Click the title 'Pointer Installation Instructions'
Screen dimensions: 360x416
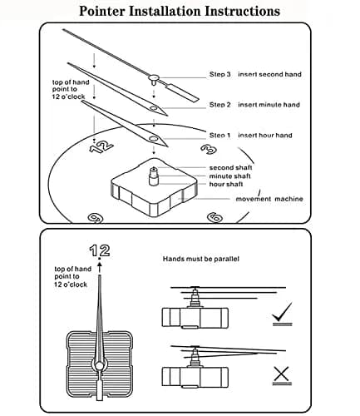180,11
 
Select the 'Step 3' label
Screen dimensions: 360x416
220,74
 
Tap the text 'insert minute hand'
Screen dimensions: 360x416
269,105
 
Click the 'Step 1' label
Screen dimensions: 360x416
220,136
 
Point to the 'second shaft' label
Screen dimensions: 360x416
230,167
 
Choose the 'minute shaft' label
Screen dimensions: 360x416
229,176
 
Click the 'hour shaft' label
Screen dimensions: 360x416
226,184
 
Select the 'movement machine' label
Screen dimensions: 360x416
269,199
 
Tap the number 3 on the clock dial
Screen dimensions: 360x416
209,149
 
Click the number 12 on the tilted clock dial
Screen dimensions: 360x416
101,146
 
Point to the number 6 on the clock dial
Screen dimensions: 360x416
215,217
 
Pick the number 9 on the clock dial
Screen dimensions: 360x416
96,218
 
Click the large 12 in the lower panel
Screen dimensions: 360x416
100,250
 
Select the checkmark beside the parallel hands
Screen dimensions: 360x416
282,314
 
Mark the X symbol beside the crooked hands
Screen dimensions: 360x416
282,375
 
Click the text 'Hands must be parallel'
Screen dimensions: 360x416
200,259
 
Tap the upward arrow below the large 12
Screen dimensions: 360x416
100,268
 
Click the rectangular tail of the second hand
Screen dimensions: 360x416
182,92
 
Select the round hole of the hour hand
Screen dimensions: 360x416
153,138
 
